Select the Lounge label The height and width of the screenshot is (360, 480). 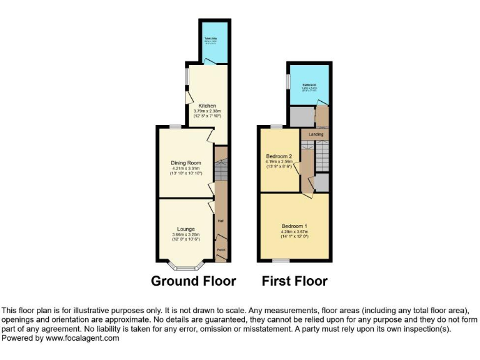(x=186, y=229)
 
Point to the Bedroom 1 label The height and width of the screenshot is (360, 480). (x=294, y=226)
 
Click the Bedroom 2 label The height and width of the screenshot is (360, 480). (x=276, y=156)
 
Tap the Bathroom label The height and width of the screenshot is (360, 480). (x=309, y=85)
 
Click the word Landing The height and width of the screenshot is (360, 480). (x=316, y=134)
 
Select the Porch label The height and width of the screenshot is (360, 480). (x=221, y=250)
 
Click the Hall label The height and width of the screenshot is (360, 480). (x=221, y=221)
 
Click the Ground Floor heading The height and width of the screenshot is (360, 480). (x=194, y=281)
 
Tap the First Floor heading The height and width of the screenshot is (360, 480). (x=294, y=281)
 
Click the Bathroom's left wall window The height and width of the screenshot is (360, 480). (x=287, y=82)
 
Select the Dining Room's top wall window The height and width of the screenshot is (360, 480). (x=176, y=127)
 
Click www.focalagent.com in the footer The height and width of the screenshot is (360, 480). (x=84, y=337)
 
